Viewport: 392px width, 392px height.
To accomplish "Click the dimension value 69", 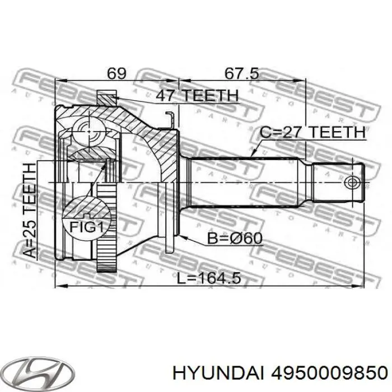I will pyautogui.click(x=116, y=73).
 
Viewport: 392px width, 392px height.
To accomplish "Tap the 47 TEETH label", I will pyautogui.click(x=197, y=96).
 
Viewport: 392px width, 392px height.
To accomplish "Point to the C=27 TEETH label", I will pyautogui.click(x=312, y=132).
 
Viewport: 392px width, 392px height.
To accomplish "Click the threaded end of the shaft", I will pyautogui.click(x=336, y=183).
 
